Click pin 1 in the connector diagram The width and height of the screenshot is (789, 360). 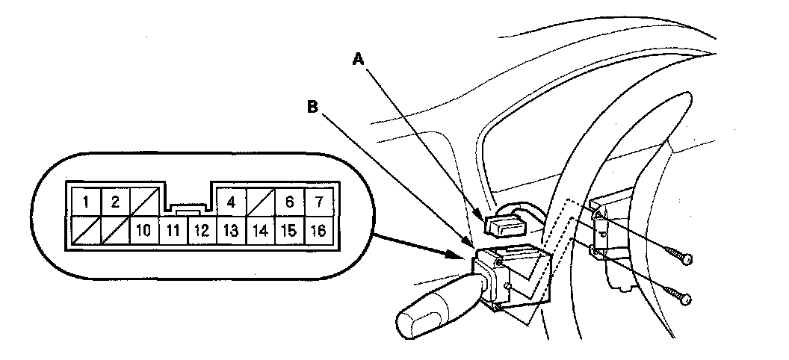87,202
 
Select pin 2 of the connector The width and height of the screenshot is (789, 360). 115,202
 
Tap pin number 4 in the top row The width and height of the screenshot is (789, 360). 231,202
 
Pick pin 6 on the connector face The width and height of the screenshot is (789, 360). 288,202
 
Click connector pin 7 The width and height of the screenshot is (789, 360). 318,202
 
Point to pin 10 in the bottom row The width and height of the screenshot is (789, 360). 144,231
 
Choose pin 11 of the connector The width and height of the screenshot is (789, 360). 173,231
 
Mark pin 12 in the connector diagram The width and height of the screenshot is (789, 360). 202,231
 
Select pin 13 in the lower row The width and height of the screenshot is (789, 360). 231,231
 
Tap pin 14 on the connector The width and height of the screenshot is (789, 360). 260,231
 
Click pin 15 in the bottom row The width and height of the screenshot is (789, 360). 288,231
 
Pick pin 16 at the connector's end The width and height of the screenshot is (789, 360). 318,231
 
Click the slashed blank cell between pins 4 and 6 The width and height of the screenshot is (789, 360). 260,202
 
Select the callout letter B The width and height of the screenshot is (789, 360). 313,107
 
